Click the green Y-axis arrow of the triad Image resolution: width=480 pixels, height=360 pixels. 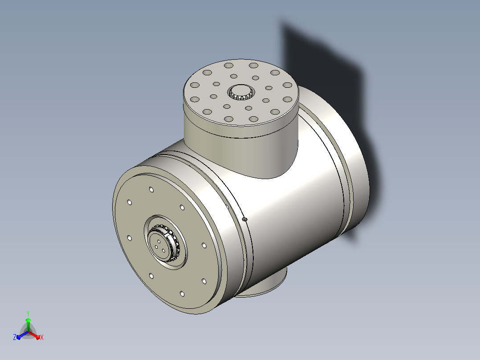coord(28,324)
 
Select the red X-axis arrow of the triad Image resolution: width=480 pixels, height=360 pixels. coord(34,335)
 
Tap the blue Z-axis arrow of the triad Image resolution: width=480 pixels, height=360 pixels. coord(22,335)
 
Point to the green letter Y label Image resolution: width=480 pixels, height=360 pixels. coord(28,314)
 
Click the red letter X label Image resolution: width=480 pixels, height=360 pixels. coord(42,337)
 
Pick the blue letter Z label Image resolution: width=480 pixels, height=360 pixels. coord(15,337)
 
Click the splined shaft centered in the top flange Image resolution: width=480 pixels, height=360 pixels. coord(241,92)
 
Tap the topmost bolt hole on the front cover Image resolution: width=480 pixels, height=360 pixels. coord(151,190)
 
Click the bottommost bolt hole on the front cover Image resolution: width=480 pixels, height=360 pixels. coord(182,294)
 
